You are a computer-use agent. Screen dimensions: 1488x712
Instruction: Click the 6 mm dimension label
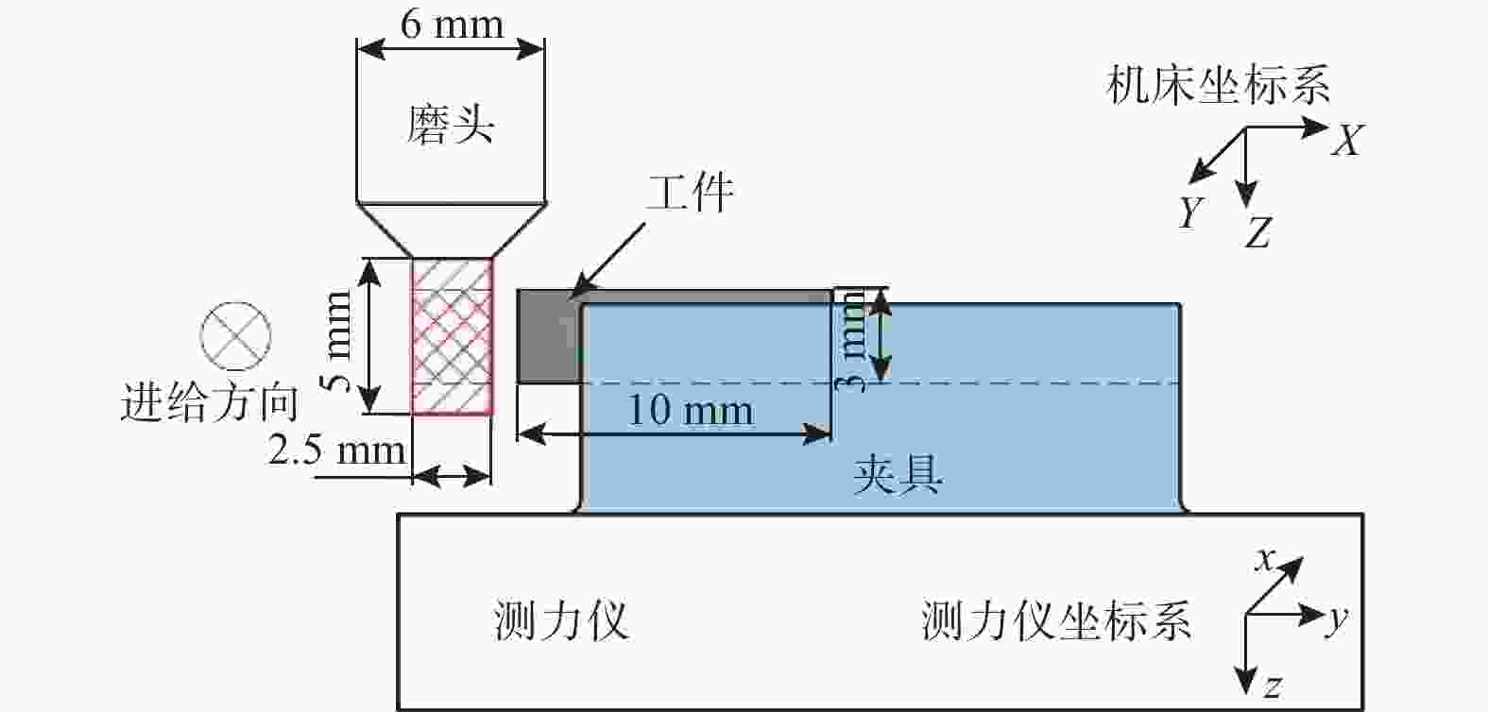click(x=452, y=25)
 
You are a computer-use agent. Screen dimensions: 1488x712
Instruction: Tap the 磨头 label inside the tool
click(x=451, y=125)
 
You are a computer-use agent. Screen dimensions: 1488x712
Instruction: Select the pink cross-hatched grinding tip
click(x=452, y=336)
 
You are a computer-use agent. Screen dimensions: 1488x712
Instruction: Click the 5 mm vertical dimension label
click(x=336, y=342)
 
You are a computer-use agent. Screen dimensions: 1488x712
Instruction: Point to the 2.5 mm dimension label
click(x=336, y=450)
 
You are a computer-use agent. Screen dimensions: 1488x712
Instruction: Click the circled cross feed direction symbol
click(x=236, y=336)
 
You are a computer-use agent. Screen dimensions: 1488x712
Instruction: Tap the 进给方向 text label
click(x=210, y=402)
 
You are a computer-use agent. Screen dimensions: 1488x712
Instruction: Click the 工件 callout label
click(x=691, y=193)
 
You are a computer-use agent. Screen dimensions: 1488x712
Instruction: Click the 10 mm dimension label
click(x=691, y=410)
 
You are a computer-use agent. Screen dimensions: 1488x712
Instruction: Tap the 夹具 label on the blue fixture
click(x=898, y=474)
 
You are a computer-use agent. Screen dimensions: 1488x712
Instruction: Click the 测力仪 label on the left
click(x=561, y=620)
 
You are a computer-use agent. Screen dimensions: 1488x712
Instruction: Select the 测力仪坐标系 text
click(x=1056, y=620)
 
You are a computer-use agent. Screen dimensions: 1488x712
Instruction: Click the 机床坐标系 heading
click(x=1219, y=84)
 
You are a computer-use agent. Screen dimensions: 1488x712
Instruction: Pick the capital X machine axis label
click(x=1347, y=140)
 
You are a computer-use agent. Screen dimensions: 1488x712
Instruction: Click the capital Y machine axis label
click(x=1191, y=212)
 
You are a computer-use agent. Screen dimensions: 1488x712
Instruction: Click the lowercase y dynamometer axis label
click(x=1338, y=619)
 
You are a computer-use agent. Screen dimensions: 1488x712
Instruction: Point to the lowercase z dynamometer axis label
click(x=1273, y=687)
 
